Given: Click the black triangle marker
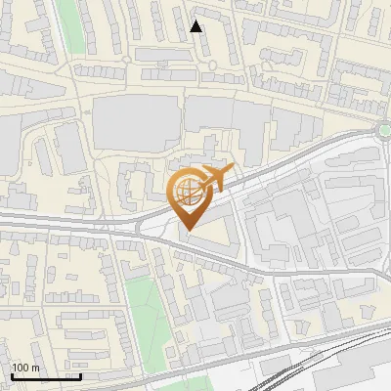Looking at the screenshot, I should (195, 26).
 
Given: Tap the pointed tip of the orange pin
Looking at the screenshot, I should (188, 230).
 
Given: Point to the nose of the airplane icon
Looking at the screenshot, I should (232, 172).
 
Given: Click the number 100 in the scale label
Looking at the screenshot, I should (22, 368).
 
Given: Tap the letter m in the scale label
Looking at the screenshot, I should (35, 368).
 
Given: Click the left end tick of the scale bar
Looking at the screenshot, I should (11, 374).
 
